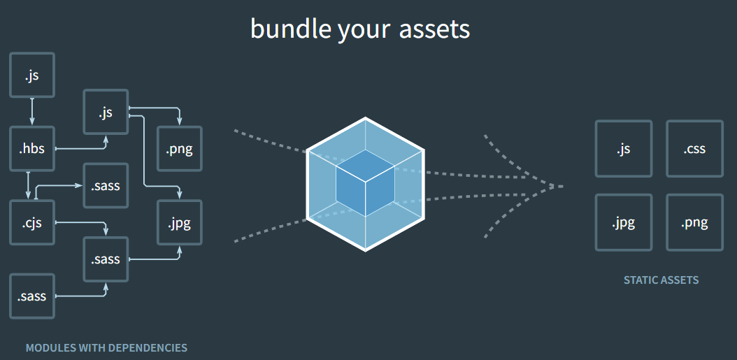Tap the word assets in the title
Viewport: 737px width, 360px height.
click(434, 29)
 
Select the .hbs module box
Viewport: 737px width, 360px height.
click(32, 148)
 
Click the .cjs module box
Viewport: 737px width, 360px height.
click(32, 222)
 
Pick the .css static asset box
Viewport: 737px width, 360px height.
click(694, 148)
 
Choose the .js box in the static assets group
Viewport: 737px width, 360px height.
click(623, 148)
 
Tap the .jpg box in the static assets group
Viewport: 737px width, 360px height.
click(623, 222)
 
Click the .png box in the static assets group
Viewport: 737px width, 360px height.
click(694, 222)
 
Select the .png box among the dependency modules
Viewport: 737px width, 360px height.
click(180, 148)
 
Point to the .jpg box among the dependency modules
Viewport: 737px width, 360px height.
click(180, 223)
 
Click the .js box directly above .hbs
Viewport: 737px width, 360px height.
click(32, 74)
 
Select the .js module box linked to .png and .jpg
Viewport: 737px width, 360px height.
click(106, 112)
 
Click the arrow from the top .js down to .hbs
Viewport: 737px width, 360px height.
click(32, 112)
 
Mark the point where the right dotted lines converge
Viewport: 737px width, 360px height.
click(559, 187)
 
